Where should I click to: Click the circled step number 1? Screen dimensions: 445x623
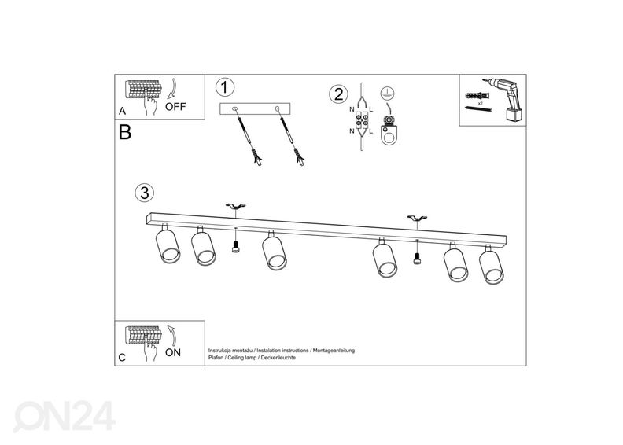[x=226, y=87]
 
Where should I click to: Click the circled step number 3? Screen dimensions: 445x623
[x=143, y=192]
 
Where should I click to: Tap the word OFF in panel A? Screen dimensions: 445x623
[x=175, y=108]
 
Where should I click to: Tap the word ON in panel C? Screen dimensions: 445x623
[x=172, y=352]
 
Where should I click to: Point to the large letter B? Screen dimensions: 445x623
[x=124, y=132]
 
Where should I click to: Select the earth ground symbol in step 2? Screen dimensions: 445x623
[x=385, y=92]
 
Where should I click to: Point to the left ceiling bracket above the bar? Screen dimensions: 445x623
[x=235, y=207]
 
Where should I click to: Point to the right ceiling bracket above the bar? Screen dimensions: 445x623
[x=416, y=217]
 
